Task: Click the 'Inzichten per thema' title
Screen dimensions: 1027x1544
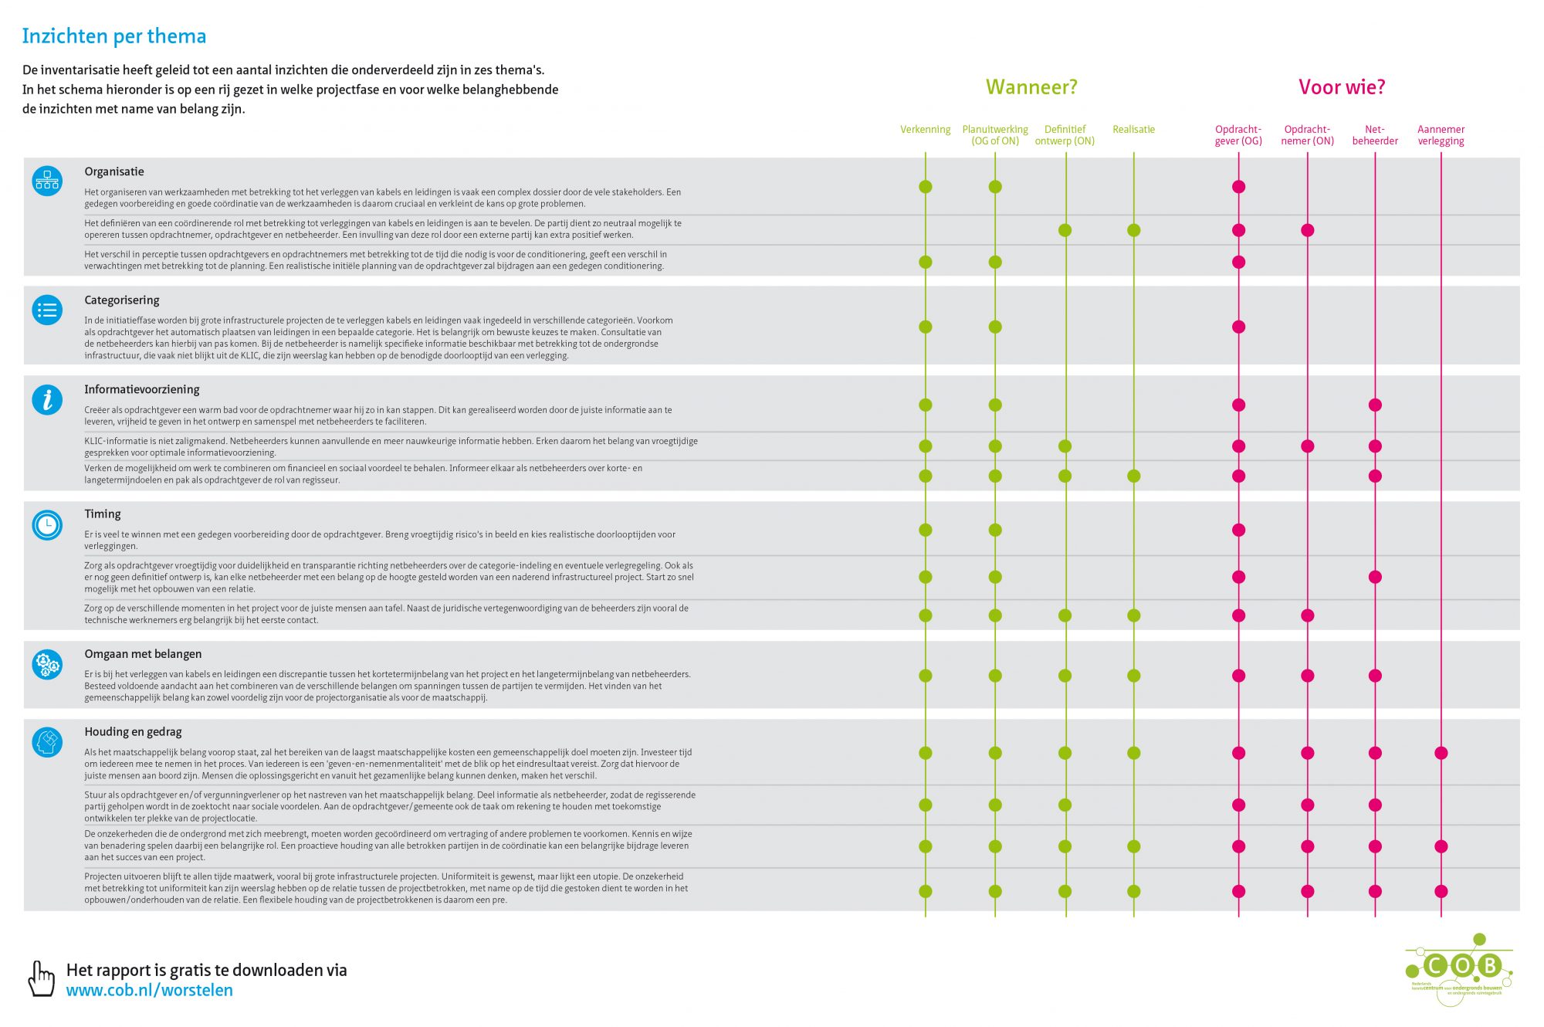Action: click(114, 36)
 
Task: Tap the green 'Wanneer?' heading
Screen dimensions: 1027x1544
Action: click(1031, 87)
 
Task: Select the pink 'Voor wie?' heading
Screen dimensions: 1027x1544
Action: click(1342, 87)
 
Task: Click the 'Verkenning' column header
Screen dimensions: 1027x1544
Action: click(925, 130)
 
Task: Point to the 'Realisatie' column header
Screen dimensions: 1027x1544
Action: click(1133, 130)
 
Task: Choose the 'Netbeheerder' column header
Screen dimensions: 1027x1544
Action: click(1375, 135)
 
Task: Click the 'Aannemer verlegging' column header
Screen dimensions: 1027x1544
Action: click(1441, 135)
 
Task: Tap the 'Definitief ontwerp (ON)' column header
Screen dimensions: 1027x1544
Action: click(1065, 135)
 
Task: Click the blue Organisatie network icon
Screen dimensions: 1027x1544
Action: click(47, 181)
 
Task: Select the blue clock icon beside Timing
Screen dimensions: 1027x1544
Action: click(47, 525)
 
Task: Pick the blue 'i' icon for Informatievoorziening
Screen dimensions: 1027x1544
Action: click(47, 399)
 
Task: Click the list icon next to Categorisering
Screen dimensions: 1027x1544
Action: click(47, 310)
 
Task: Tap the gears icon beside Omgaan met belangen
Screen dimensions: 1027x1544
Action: click(47, 664)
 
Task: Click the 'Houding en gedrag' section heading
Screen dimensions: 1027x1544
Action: click(133, 732)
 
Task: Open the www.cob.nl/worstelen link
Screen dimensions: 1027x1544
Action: click(150, 991)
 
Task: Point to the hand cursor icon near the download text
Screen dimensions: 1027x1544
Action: click(41, 978)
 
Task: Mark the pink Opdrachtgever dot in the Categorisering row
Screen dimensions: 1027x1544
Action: click(1238, 327)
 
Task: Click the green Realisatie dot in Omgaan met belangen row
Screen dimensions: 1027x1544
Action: click(1133, 676)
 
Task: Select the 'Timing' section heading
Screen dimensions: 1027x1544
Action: click(103, 514)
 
